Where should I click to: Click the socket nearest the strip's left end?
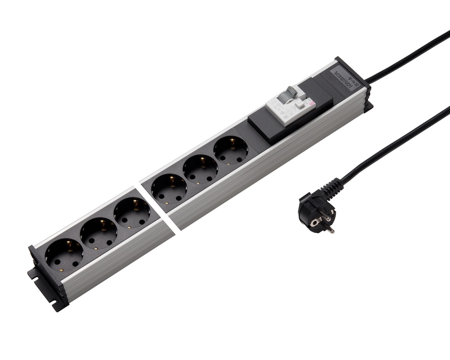[64, 254]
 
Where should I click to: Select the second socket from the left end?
[99, 234]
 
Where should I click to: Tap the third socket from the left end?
[132, 214]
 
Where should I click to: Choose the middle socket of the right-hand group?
[200, 169]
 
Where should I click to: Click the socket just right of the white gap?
[169, 189]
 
